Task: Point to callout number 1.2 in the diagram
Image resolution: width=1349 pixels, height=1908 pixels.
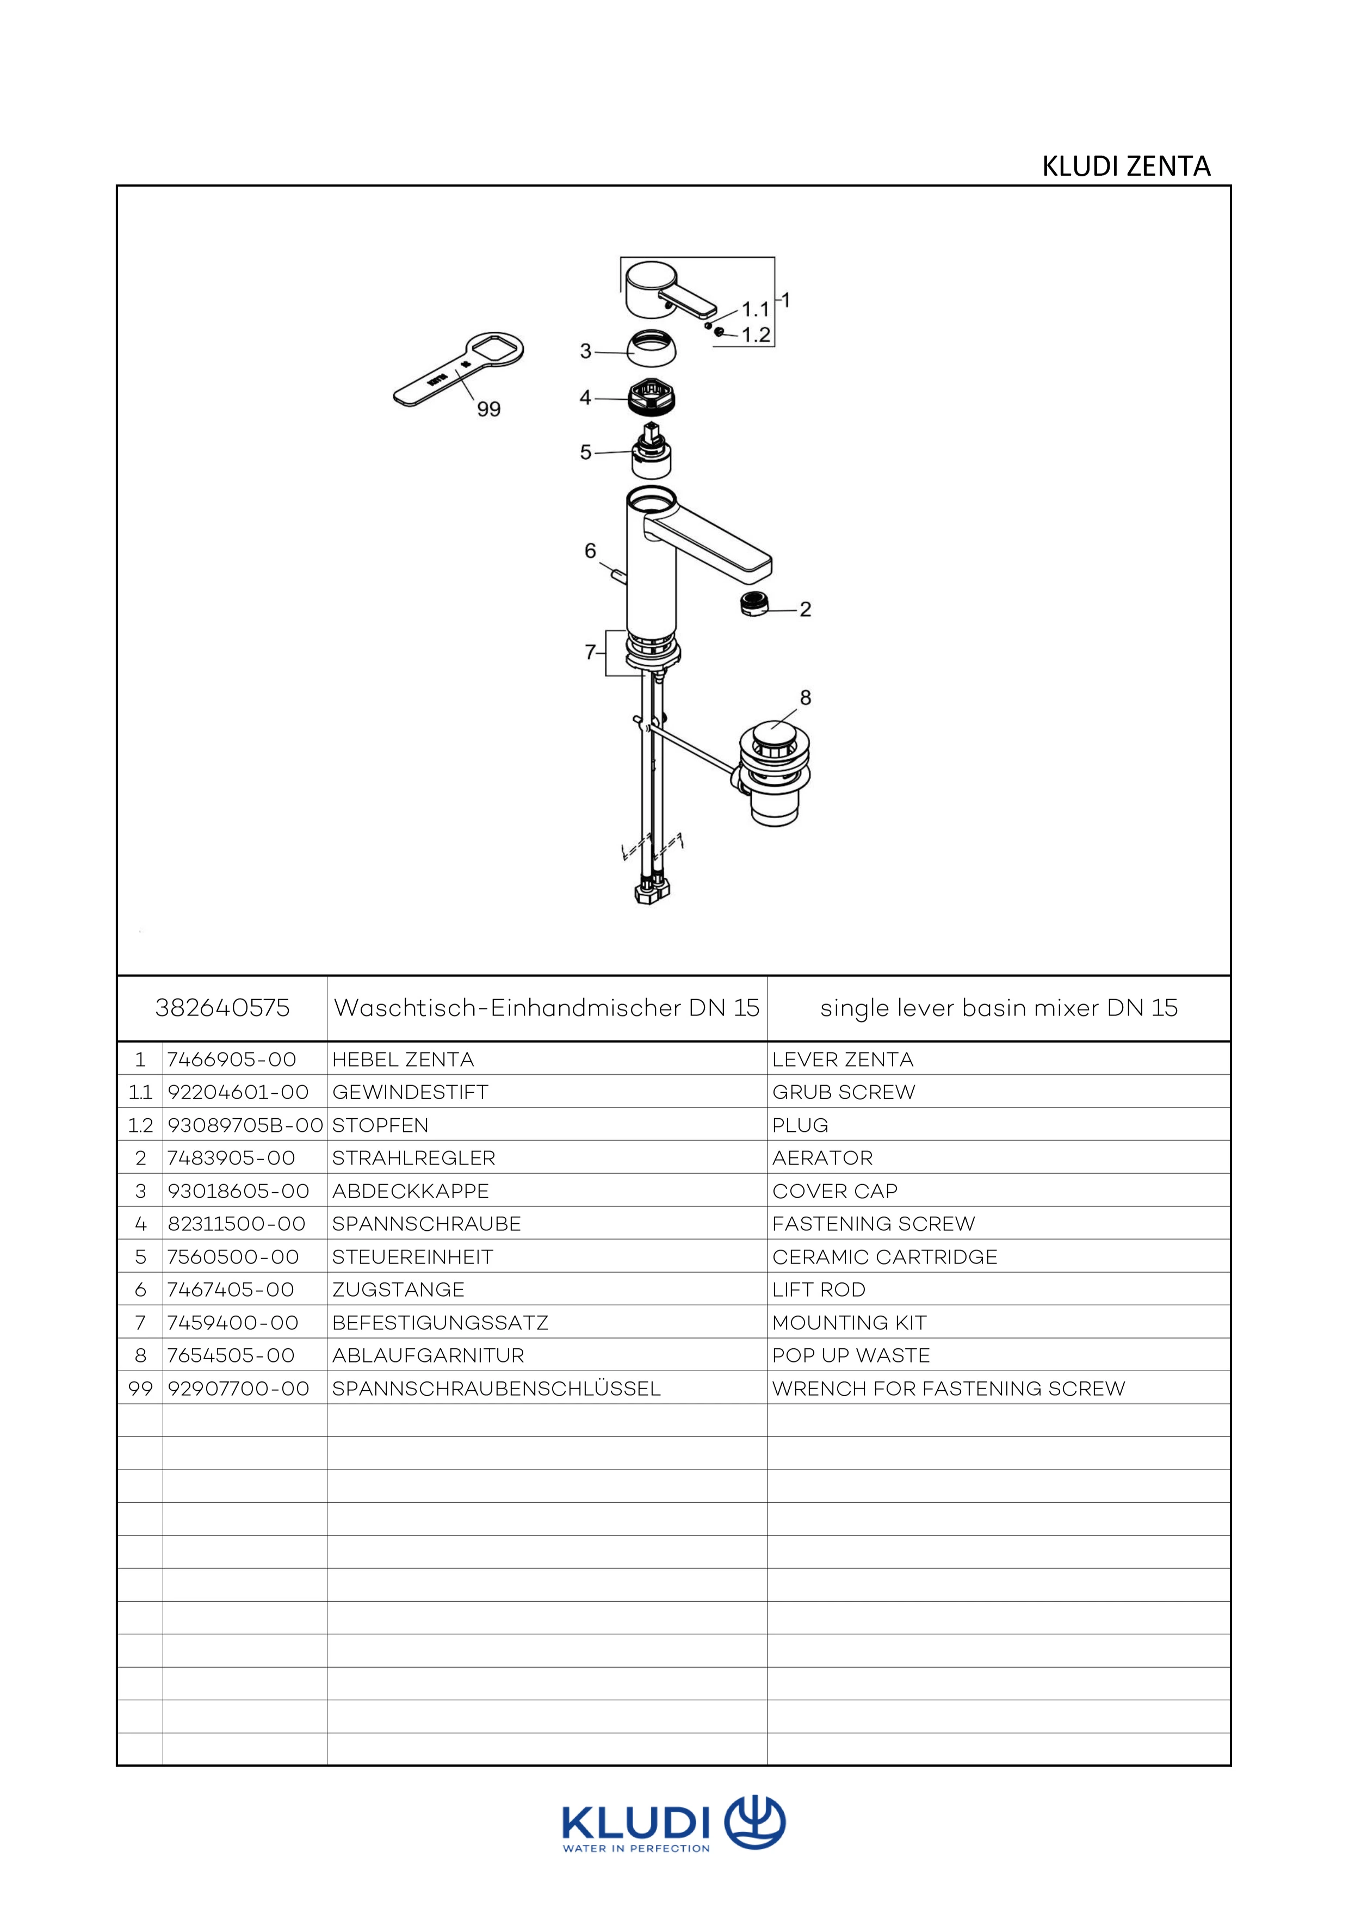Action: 756,335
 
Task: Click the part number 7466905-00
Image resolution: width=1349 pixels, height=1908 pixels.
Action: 232,1060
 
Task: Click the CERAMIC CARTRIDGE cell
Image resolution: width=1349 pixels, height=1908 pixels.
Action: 884,1256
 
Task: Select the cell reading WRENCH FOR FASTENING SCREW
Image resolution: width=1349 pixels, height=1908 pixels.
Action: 948,1389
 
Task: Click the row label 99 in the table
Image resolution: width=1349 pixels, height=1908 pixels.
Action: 140,1389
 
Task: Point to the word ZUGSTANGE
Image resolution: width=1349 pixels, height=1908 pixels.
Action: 398,1290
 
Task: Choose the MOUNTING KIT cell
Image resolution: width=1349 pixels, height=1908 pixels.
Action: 849,1322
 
